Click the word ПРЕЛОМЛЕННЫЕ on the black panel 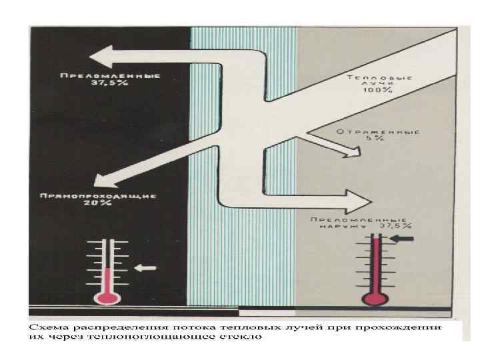[110, 75]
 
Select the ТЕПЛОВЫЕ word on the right [379, 78]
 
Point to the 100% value [379, 91]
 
